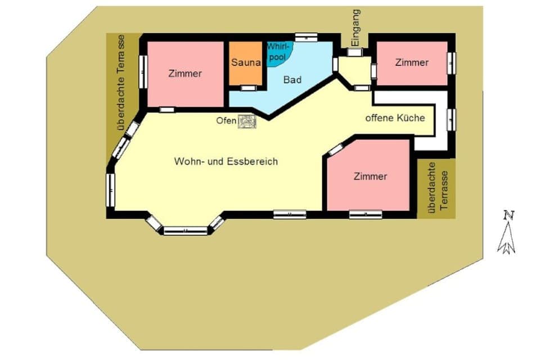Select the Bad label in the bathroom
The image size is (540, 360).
[x=292, y=80]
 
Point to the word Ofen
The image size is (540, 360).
[x=227, y=121]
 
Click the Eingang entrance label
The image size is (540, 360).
[x=355, y=28]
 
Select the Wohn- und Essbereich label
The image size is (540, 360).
[x=226, y=161]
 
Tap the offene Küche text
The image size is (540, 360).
[x=395, y=119]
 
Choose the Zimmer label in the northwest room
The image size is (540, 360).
[x=185, y=74]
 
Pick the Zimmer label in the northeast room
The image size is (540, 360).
[x=412, y=62]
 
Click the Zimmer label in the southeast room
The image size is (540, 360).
[x=370, y=176]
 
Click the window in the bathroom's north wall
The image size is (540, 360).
[x=307, y=37]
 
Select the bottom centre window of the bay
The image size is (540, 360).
[x=185, y=230]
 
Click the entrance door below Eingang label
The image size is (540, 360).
[x=354, y=52]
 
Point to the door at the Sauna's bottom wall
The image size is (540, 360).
[x=247, y=88]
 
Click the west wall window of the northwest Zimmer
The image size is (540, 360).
[x=143, y=70]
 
